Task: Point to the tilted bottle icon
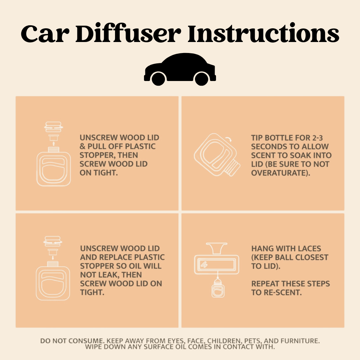pyautogui.click(x=217, y=154)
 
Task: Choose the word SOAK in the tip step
pyautogui.click(x=300, y=155)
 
